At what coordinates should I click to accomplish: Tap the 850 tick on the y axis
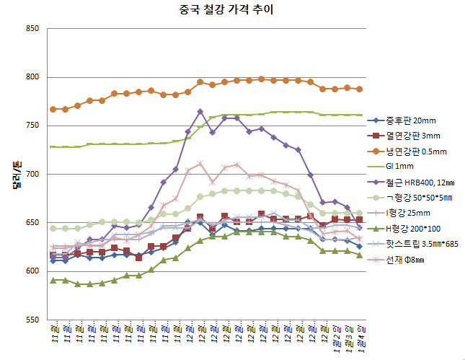pyautogui.click(x=32, y=29)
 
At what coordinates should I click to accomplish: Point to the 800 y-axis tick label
pyautogui.click(x=32, y=77)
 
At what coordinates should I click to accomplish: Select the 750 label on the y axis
pyautogui.click(x=32, y=126)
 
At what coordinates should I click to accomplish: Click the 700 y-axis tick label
pyautogui.click(x=32, y=175)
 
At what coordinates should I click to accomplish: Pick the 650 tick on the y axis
pyautogui.click(x=32, y=223)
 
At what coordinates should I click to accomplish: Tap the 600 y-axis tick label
pyautogui.click(x=32, y=271)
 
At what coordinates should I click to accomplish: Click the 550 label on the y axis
pyautogui.click(x=32, y=320)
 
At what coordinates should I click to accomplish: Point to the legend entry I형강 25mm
pyautogui.click(x=408, y=213)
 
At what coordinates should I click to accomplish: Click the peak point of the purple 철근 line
pyautogui.click(x=200, y=111)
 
